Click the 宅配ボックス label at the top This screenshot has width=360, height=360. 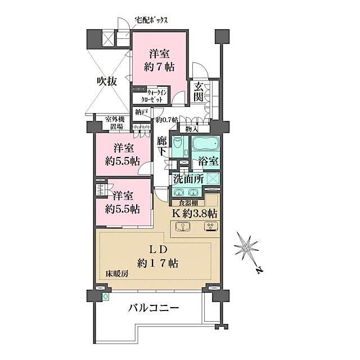152,20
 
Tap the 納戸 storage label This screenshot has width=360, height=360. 141,112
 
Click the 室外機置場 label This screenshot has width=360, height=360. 109,122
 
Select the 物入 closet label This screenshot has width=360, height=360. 192,129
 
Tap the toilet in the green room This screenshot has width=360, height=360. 177,145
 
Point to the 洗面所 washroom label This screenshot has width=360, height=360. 188,181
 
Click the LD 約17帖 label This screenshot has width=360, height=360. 158,255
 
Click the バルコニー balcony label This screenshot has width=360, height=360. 153,308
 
